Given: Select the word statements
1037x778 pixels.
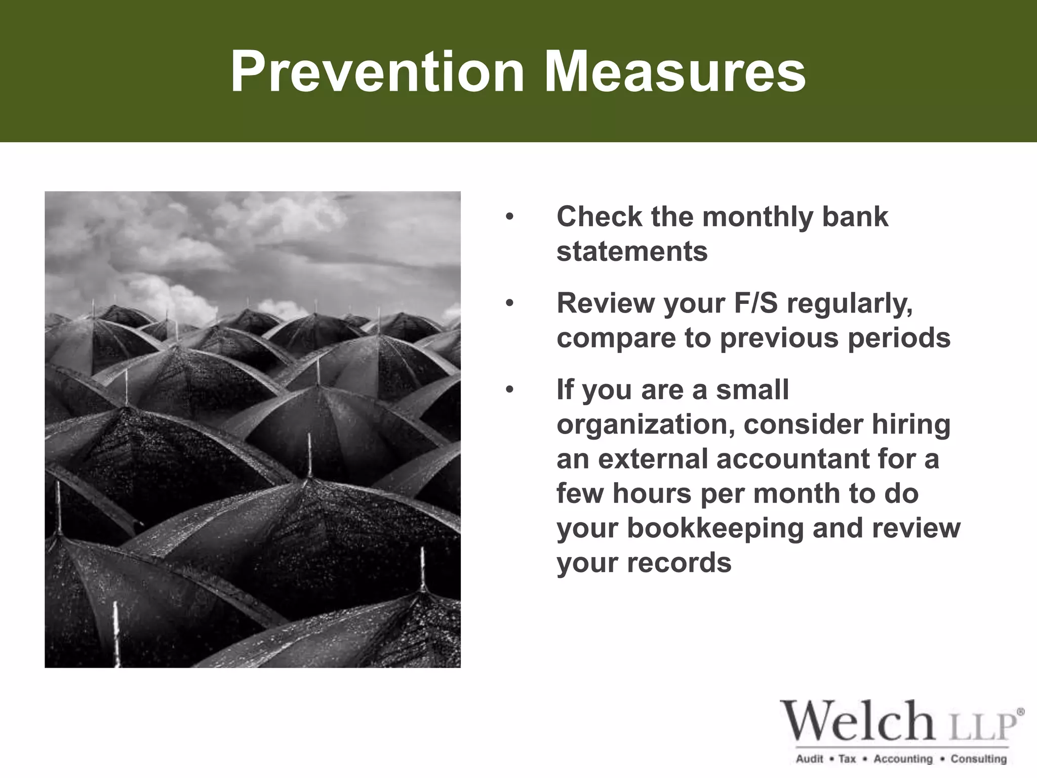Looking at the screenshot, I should click(x=632, y=252).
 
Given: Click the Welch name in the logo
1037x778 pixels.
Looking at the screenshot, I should click(x=857, y=721).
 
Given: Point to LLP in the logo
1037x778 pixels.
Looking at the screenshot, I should click(x=980, y=728).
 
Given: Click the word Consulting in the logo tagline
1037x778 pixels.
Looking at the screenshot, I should click(x=978, y=759).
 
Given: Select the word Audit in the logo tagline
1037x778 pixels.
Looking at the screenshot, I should click(x=809, y=759).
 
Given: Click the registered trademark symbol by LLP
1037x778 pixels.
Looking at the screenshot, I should click(x=1020, y=712).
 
